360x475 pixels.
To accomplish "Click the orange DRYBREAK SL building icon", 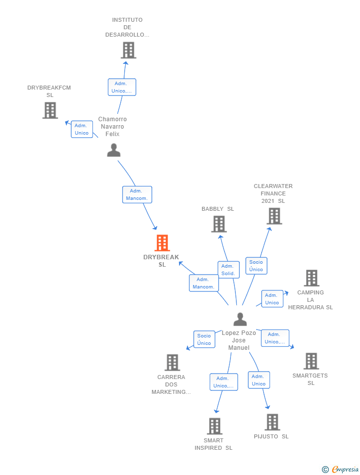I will click(x=162, y=243).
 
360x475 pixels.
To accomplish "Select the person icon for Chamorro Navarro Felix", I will click(x=114, y=150).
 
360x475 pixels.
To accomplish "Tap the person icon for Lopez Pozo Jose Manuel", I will click(x=240, y=319).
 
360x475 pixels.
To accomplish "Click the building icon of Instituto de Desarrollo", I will click(x=128, y=50).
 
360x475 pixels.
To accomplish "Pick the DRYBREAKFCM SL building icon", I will click(x=50, y=110).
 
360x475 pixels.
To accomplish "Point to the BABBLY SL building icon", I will click(x=219, y=224).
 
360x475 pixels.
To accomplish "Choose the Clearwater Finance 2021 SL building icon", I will click(x=274, y=216).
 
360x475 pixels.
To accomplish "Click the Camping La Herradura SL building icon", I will click(x=311, y=278).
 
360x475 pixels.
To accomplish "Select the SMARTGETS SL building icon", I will click(x=311, y=361).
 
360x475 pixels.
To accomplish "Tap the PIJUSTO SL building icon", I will click(x=272, y=422).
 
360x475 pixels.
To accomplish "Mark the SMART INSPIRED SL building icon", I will click(x=214, y=426).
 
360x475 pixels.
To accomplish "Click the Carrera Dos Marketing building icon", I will click(x=172, y=363).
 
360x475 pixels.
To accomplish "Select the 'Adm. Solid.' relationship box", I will click(x=228, y=270).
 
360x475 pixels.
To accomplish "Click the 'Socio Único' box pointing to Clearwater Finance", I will click(x=256, y=266).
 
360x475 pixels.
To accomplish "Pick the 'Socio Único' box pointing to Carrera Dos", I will click(x=204, y=339).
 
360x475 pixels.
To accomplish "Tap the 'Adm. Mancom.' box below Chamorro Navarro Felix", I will click(x=137, y=194).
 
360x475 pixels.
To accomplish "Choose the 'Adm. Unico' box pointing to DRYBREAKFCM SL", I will click(x=82, y=129).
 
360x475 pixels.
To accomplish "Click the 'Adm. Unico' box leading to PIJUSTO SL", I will click(x=259, y=380).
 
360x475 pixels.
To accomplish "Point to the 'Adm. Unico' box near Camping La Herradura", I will click(x=272, y=299).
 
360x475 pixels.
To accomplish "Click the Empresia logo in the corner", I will click(x=340, y=469).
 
